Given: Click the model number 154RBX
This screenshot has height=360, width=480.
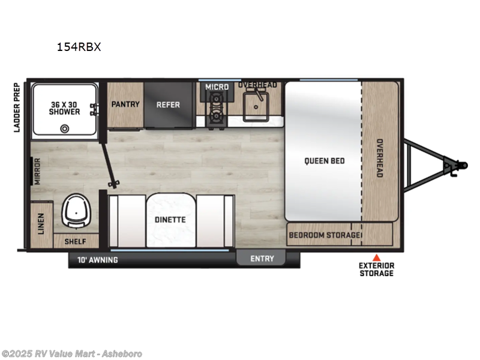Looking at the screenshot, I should point(79,47).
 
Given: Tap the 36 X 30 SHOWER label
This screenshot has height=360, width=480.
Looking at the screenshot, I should point(65,107).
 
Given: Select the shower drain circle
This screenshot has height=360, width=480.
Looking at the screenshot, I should point(64,127).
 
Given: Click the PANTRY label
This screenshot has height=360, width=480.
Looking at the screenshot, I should point(125,104).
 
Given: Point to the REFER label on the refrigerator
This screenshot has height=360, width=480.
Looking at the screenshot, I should point(169,104).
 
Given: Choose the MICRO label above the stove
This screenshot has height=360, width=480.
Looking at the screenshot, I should point(217,87).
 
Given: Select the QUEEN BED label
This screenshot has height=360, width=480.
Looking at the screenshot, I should point(324,161).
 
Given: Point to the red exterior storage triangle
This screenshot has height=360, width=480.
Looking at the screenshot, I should point(377,256).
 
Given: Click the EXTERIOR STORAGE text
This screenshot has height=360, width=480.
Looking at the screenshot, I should point(376,269).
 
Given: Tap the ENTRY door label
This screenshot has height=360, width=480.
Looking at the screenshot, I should point(262,259).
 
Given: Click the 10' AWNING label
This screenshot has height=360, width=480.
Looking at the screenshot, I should point(97,260).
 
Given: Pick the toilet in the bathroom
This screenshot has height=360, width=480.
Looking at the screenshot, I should point(76,211).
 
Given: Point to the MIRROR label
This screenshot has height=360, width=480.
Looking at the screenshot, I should point(37,171).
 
